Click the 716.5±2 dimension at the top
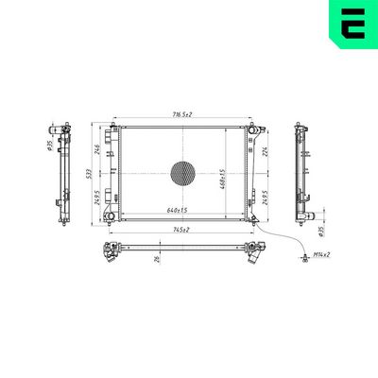click(x=182, y=114)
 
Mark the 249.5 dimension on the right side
click(x=266, y=198)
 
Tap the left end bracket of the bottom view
click(x=112, y=250)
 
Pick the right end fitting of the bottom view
click(x=252, y=252)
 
